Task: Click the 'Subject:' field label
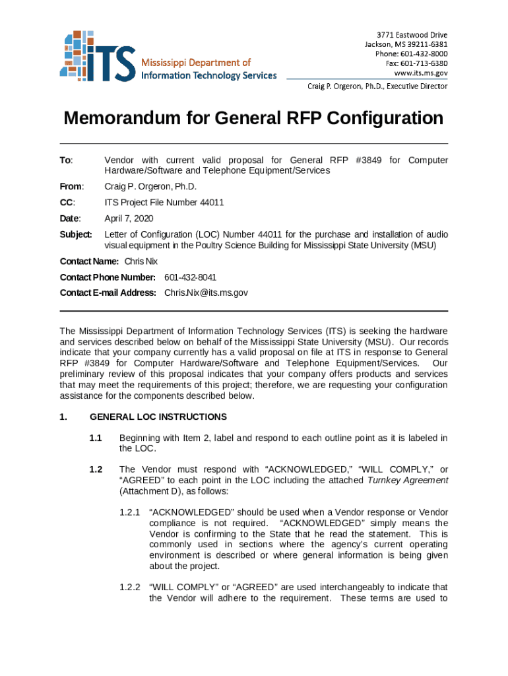pyautogui.click(x=77, y=234)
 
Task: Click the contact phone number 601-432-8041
pyautogui.click(x=190, y=277)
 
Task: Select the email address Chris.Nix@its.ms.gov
pyautogui.click(x=206, y=293)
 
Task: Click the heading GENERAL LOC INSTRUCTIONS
pyautogui.click(x=158, y=417)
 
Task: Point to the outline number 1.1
pyautogui.click(x=96, y=438)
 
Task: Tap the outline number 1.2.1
pyautogui.click(x=131, y=512)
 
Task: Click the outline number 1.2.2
pyautogui.click(x=131, y=587)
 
